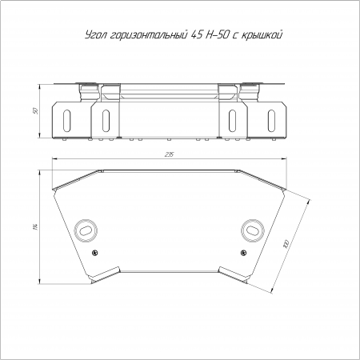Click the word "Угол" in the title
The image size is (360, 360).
coord(96,35)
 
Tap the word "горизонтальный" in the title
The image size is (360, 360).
coord(149,35)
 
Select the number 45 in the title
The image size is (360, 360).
coord(197,34)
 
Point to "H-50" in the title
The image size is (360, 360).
coord(218,34)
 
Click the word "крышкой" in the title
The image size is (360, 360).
coord(261,35)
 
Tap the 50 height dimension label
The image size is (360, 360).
coord(35,110)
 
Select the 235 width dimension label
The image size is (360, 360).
coord(170,154)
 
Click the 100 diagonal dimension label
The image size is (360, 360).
coord(286,244)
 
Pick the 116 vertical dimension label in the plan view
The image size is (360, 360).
coord(35,226)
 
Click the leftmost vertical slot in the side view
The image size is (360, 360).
coord(67,121)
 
